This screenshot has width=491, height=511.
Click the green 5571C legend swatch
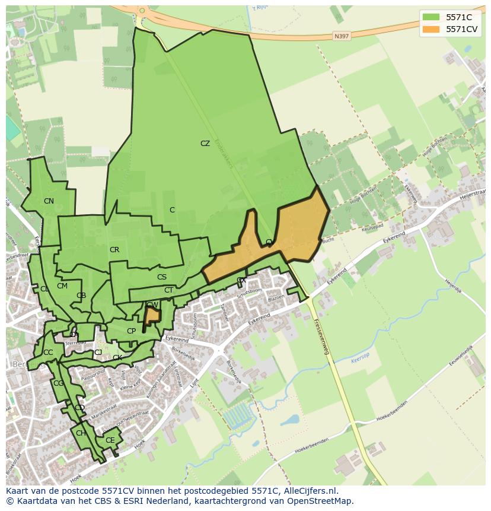coord(431,17)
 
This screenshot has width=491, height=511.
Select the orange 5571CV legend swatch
coord(431,29)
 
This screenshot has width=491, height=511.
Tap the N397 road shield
coord(341,36)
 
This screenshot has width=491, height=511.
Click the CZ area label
coord(205,144)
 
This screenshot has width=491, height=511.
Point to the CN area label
coord(49,201)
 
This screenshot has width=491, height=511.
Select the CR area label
coord(114,250)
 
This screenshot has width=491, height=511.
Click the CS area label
coord(162,277)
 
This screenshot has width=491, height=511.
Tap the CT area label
coord(169,290)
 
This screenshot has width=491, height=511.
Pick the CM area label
coord(62,286)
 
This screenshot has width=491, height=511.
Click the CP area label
coord(131,331)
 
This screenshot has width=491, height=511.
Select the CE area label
coord(110,440)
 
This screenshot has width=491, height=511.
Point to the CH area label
coord(81,433)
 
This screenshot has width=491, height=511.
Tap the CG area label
coord(58,383)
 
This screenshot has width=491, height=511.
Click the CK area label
coord(117,358)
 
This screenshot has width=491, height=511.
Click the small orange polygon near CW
coord(153,315)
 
